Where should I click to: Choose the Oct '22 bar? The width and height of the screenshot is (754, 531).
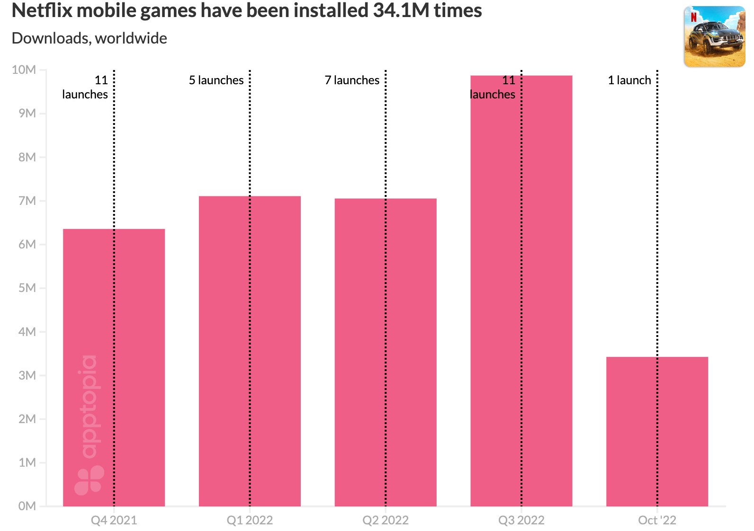[x=657, y=431]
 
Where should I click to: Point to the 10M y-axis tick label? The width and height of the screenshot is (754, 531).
[x=24, y=70]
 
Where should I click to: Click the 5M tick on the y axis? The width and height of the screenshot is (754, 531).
[x=27, y=288]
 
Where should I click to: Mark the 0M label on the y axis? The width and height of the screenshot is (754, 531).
[x=27, y=506]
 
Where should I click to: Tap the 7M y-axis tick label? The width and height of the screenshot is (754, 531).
[x=27, y=201]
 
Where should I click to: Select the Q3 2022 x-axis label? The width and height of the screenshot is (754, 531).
[x=521, y=521]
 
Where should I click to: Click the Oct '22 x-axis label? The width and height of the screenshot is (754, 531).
[x=657, y=521]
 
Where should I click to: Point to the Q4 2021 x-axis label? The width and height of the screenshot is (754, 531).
[x=114, y=521]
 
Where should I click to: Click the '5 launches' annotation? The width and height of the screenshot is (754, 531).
[x=216, y=80]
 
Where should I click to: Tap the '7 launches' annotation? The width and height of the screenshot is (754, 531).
[x=352, y=80]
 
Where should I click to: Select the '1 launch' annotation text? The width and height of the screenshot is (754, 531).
[x=629, y=80]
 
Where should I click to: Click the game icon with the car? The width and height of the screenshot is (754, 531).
[x=714, y=37]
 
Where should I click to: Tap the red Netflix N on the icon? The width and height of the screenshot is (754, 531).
[x=693, y=18]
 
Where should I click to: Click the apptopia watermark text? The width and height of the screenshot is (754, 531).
[x=89, y=407]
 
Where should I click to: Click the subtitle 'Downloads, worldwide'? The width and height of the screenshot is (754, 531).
[x=89, y=38]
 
